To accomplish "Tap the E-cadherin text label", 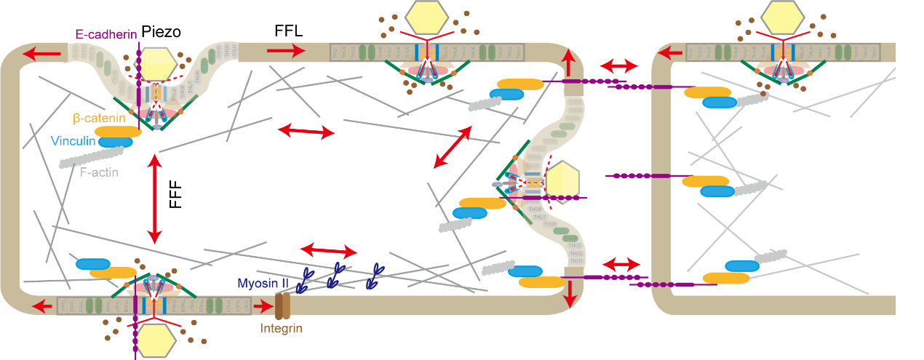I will coord(105,34).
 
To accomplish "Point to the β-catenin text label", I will coord(99,117).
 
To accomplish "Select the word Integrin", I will coord(282,329).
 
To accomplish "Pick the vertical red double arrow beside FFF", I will coord(154,198).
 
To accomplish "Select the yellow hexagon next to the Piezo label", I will coord(158,65).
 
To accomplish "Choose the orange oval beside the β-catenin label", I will coord(118,132).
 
